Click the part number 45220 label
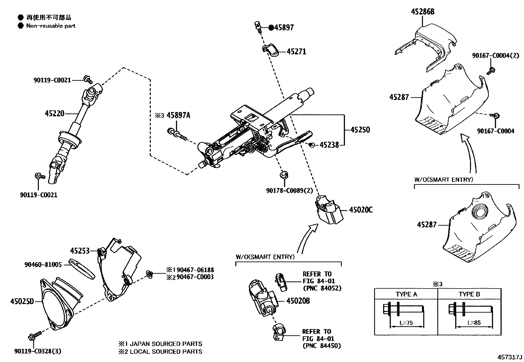pyautogui.click(x=54, y=114)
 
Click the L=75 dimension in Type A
pyautogui.click(x=406, y=323)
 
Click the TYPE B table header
pyautogui.click(x=469, y=294)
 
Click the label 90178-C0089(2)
pyautogui.click(x=289, y=190)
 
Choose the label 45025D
pyautogui.click(x=22, y=301)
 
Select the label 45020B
pyautogui.click(x=298, y=301)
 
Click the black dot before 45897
pyautogui.click(x=271, y=28)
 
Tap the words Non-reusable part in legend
pyautogui.click(x=51, y=26)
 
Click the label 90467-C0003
pyautogui.click(x=195, y=277)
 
